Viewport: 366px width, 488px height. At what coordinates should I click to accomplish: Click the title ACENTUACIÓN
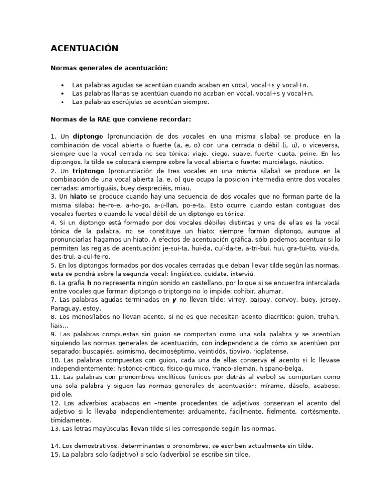pos(85,49)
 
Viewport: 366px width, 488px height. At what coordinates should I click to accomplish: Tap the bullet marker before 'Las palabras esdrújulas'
pos(63,102)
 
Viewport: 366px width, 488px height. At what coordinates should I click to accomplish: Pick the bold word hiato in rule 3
pos(78,196)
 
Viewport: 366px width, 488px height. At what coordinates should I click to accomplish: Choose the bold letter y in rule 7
pos(174,300)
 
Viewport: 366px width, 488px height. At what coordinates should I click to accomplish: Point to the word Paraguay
pos(64,308)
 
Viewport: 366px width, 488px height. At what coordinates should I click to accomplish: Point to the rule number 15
pos(55,455)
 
